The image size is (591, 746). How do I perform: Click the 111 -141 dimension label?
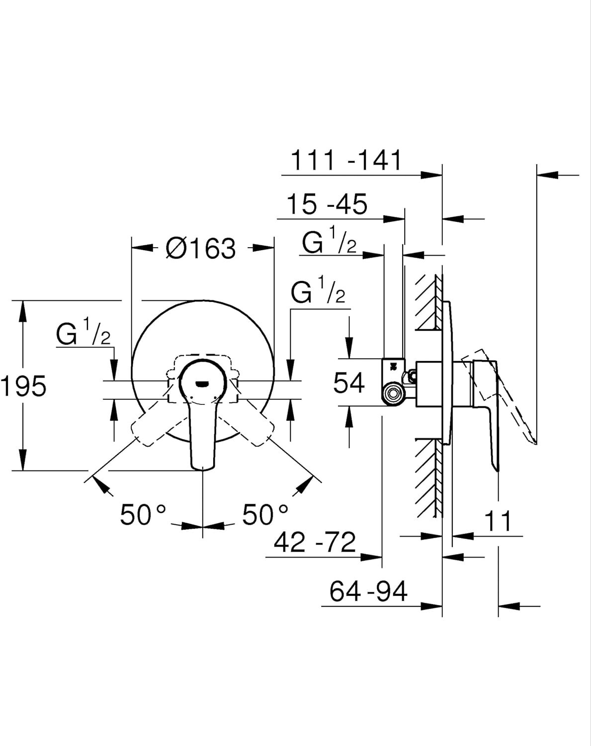(346, 160)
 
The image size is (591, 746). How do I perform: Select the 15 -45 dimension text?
(327, 204)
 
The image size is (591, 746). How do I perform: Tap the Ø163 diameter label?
(201, 248)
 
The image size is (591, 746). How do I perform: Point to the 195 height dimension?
(23, 386)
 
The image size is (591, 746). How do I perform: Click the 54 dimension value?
(349, 383)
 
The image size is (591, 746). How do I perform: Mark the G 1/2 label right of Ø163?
(318, 289)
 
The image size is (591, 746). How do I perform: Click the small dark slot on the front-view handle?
(202, 383)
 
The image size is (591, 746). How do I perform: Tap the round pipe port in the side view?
(393, 394)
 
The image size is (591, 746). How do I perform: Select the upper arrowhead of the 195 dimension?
(23, 312)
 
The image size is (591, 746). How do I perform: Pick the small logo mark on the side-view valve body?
(393, 366)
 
